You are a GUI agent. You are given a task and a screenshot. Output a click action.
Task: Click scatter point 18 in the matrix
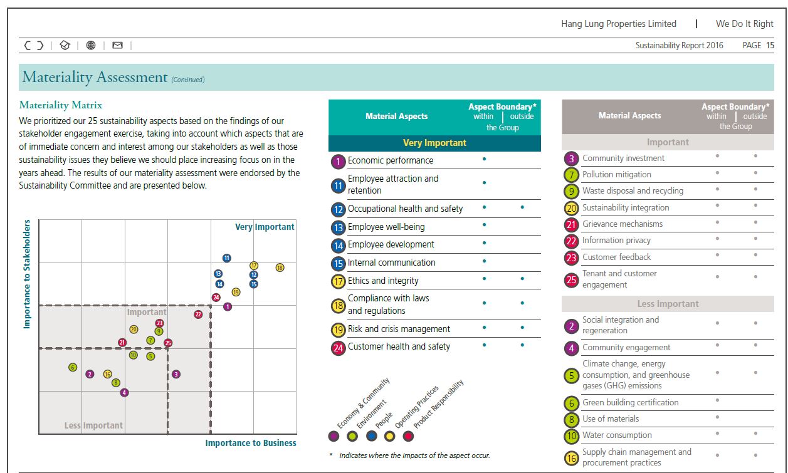click(x=280, y=268)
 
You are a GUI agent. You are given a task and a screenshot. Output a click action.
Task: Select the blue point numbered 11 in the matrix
click(x=226, y=258)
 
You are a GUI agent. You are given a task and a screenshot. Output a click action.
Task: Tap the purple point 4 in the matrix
click(x=124, y=392)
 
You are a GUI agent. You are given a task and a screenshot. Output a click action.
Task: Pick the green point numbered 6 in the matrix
click(x=73, y=368)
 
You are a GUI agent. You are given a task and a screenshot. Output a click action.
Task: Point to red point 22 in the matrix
click(x=198, y=314)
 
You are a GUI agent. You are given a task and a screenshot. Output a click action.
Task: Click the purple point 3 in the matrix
click(x=176, y=374)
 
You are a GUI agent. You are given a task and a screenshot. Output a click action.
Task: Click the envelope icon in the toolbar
click(x=117, y=45)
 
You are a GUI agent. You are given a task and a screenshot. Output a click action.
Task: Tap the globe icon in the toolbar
click(x=91, y=45)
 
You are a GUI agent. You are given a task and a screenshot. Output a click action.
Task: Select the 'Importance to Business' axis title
click(x=251, y=443)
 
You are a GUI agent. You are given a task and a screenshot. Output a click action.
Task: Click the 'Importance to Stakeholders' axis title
click(x=27, y=274)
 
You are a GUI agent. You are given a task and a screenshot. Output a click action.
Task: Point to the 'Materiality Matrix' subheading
click(x=61, y=105)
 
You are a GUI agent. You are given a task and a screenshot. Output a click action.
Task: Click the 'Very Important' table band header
click(x=434, y=143)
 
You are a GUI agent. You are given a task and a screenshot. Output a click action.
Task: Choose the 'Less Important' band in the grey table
click(x=668, y=304)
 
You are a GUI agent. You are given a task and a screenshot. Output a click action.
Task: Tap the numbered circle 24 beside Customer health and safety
click(x=338, y=348)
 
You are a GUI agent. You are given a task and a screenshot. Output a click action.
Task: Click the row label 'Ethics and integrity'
click(x=383, y=281)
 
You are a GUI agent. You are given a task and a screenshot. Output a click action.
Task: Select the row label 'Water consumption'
click(x=617, y=435)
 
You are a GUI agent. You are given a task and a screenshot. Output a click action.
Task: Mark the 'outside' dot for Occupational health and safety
click(x=522, y=207)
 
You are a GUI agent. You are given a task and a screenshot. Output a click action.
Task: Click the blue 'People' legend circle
click(x=371, y=436)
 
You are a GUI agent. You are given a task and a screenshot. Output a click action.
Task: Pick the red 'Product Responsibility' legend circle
click(x=408, y=436)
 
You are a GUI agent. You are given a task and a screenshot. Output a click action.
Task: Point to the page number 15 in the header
click(x=770, y=45)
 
